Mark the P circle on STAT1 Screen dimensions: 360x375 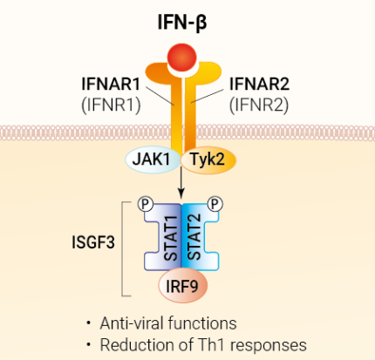click(147, 203)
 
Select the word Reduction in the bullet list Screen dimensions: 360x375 click(140, 344)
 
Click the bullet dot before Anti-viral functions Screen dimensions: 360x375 click(87, 323)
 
